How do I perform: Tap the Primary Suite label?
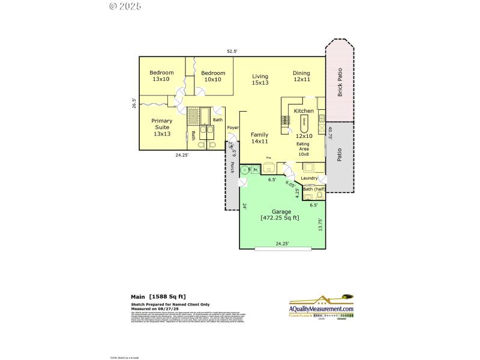click(161, 127)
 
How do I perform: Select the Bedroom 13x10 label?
click(161, 76)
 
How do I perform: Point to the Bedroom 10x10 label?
click(212, 76)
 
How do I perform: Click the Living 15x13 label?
click(260, 79)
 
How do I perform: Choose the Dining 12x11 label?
click(301, 76)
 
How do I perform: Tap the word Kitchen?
click(304, 111)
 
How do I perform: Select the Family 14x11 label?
click(259, 138)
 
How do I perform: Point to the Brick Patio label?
click(340, 83)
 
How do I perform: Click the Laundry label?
click(310, 178)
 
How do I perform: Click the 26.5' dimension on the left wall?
click(134, 104)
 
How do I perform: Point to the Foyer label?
click(233, 128)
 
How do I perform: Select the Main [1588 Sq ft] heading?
click(159, 296)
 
